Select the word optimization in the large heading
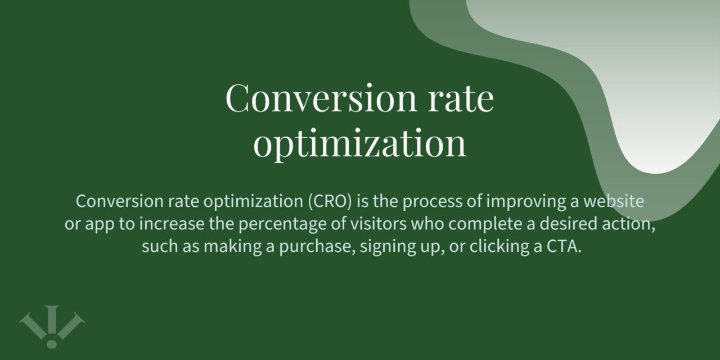[x=360, y=143]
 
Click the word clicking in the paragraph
[x=493, y=247]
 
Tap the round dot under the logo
[x=52, y=343]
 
